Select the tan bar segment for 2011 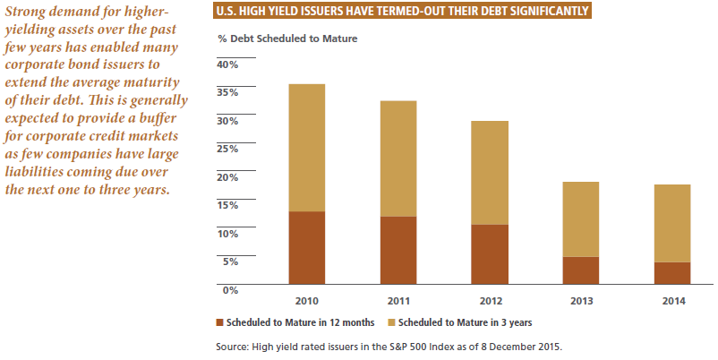(398, 159)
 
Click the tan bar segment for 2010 (307, 148)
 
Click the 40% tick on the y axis (227, 65)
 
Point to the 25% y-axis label (227, 149)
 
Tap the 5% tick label (230, 261)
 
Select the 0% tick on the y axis (230, 289)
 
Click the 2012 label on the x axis (491, 300)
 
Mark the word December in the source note (509, 345)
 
